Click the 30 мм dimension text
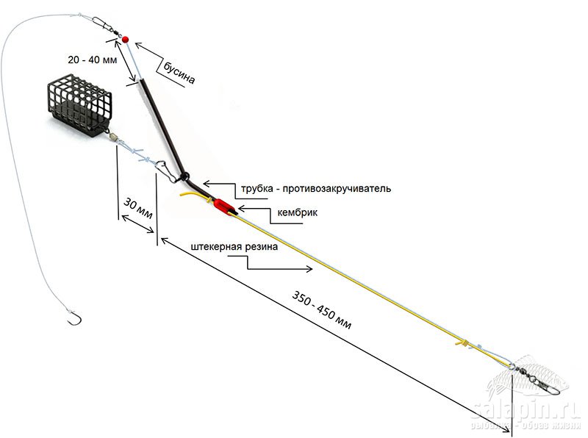coord(138,209)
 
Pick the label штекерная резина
coord(233,247)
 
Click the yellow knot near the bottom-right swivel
coord(462,342)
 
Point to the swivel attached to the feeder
coord(110,136)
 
